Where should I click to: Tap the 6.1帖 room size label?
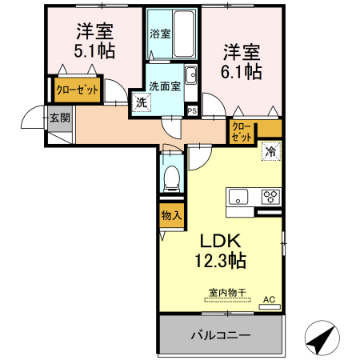(x=241, y=71)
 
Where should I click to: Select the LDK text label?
(x=217, y=241)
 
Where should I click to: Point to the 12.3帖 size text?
(x=217, y=260)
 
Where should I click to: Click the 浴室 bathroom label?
(x=161, y=34)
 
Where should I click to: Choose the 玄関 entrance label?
(x=59, y=118)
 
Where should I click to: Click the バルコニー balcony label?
(x=222, y=335)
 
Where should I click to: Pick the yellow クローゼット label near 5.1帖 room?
(x=77, y=90)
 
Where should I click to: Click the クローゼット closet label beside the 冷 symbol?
(x=242, y=131)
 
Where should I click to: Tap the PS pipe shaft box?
(x=192, y=110)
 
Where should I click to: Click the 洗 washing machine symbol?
(x=141, y=102)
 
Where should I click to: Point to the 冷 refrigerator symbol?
(x=270, y=150)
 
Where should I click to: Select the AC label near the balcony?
(x=270, y=300)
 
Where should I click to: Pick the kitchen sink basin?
(x=240, y=196)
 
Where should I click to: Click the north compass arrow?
(x=322, y=339)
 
